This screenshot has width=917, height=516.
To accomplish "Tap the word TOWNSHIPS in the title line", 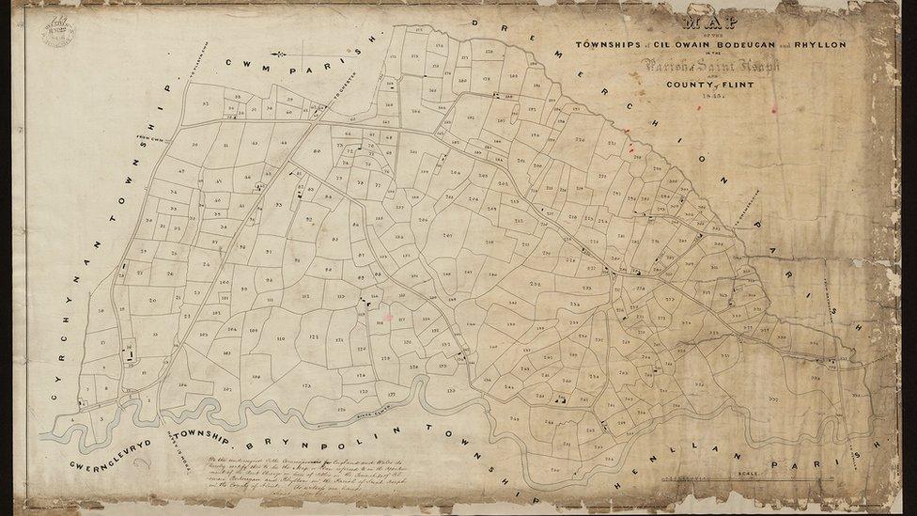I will (x=611, y=44).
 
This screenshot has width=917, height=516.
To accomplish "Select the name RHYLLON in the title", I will (x=818, y=44).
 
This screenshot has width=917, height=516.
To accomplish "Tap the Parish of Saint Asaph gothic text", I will (x=709, y=66).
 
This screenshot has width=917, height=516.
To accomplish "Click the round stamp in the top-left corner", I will (x=57, y=33).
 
